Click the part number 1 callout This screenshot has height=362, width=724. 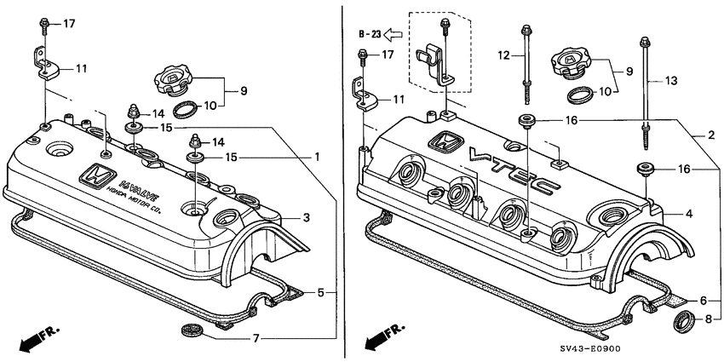click(x=318, y=158)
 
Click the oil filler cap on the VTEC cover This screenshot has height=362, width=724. click(x=570, y=61)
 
